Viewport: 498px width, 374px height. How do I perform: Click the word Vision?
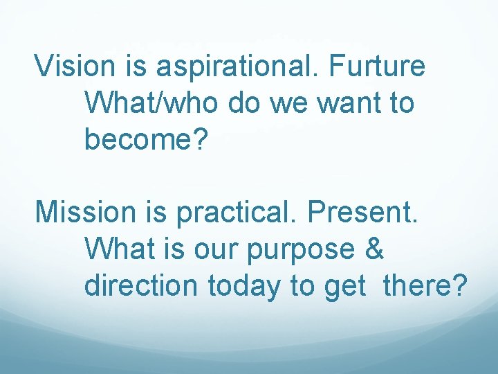point(73,66)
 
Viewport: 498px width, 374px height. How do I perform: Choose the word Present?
point(363,213)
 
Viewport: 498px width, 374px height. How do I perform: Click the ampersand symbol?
point(372,249)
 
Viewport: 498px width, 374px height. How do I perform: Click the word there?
point(416,285)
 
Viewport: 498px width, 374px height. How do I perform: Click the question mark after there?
point(459,285)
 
